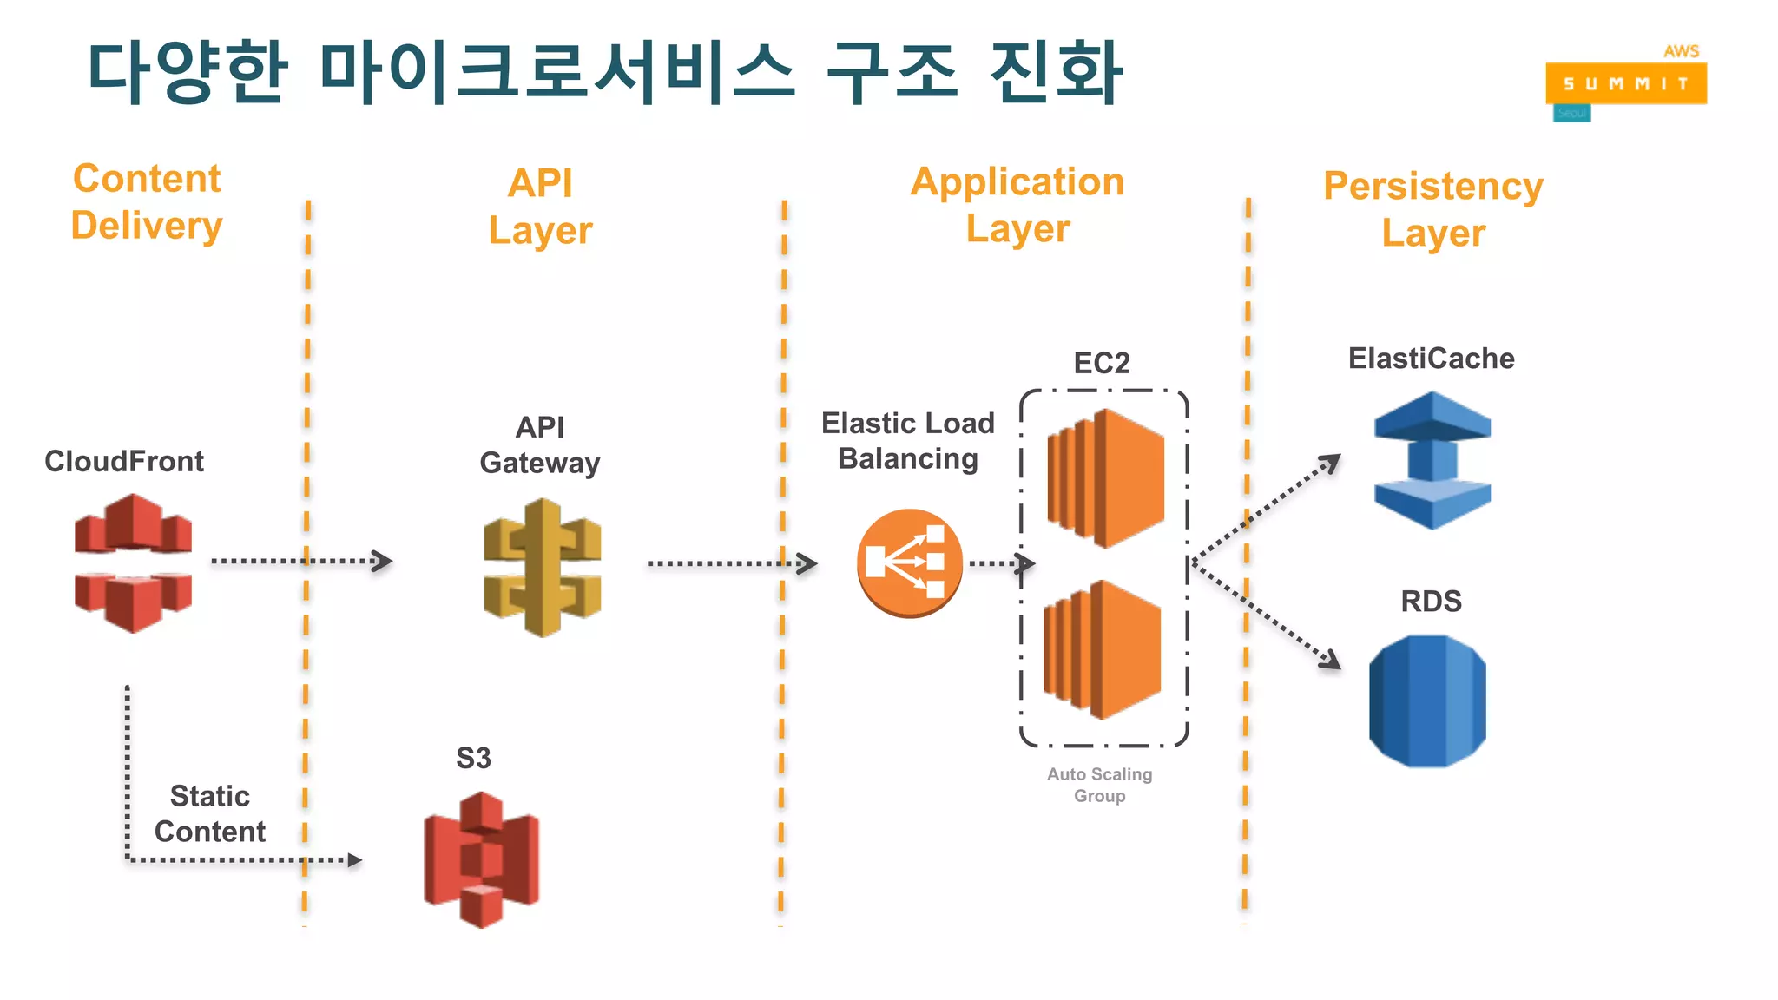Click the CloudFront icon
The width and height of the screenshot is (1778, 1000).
(133, 562)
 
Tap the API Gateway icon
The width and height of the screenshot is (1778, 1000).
(543, 568)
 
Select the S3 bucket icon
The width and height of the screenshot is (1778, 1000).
(481, 859)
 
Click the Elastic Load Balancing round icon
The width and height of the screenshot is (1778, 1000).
(910, 562)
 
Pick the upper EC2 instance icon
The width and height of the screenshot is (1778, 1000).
(1105, 478)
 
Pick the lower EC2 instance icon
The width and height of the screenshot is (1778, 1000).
(1103, 649)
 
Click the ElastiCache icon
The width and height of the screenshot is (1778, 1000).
(1432, 460)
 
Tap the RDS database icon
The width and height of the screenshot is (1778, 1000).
(1427, 701)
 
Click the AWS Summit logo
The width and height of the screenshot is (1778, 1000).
(1626, 83)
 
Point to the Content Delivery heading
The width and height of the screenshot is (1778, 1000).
(147, 202)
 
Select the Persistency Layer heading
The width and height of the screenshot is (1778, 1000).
(1433, 209)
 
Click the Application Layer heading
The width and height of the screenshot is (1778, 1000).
(1017, 206)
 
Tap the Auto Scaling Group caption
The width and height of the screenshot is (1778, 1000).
(1099, 785)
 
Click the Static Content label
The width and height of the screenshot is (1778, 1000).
(210, 813)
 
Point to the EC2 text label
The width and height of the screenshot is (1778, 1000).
(1102, 363)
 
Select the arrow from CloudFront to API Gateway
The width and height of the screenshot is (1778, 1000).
(301, 562)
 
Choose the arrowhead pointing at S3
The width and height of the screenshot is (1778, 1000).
(354, 860)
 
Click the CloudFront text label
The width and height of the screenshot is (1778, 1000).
(124, 461)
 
